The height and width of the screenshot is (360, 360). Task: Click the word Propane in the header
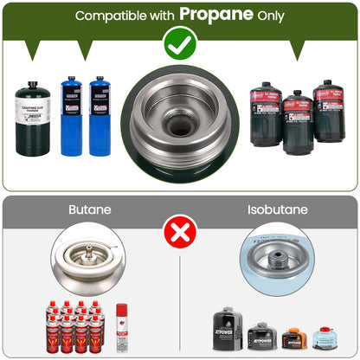217,15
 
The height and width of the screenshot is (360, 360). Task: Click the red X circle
181,231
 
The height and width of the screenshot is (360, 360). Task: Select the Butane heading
90,209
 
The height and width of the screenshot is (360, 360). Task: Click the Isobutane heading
270,209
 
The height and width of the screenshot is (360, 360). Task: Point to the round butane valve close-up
88,259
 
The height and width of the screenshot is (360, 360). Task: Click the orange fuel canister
293,337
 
